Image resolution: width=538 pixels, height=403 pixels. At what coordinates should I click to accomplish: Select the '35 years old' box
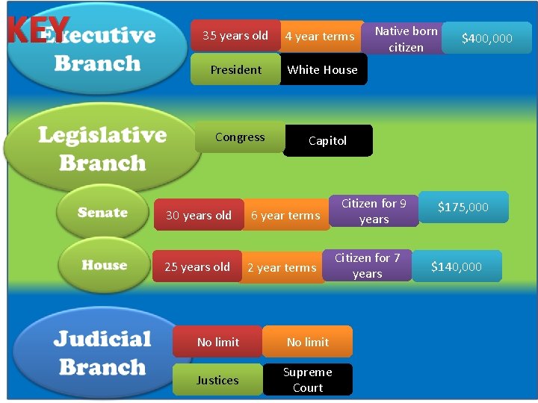(x=235, y=36)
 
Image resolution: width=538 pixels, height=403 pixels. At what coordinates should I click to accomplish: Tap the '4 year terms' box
(x=320, y=37)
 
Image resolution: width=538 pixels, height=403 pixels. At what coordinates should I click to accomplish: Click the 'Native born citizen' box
(x=406, y=39)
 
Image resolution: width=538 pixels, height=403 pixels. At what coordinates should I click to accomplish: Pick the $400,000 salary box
(x=486, y=38)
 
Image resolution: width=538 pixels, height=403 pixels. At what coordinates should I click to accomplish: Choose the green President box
(x=235, y=69)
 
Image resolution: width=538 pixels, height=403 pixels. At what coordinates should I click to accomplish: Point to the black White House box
(x=323, y=69)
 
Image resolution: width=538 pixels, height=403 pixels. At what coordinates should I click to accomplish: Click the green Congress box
(x=240, y=137)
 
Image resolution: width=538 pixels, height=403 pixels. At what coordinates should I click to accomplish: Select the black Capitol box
(x=328, y=140)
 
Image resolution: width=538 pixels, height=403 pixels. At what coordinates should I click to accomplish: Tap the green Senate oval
(x=103, y=213)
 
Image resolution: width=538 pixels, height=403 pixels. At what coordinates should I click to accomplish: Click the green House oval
(x=104, y=266)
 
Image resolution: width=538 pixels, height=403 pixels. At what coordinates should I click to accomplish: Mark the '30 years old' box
(x=198, y=216)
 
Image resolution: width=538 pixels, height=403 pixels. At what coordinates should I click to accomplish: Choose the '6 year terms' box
(x=285, y=216)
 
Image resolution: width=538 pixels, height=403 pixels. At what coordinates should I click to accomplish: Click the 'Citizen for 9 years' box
(x=374, y=211)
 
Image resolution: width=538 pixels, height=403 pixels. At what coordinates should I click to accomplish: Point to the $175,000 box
(x=463, y=207)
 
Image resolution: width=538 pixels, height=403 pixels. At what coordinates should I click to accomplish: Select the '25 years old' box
(x=197, y=266)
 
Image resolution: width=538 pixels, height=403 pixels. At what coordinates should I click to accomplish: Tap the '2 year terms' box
(x=282, y=268)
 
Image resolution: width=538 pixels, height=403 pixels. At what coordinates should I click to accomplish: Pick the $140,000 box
(x=457, y=266)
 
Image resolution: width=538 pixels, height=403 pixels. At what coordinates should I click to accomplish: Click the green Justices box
(x=217, y=380)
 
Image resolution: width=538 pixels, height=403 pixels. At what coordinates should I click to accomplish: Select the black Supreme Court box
(x=308, y=380)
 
